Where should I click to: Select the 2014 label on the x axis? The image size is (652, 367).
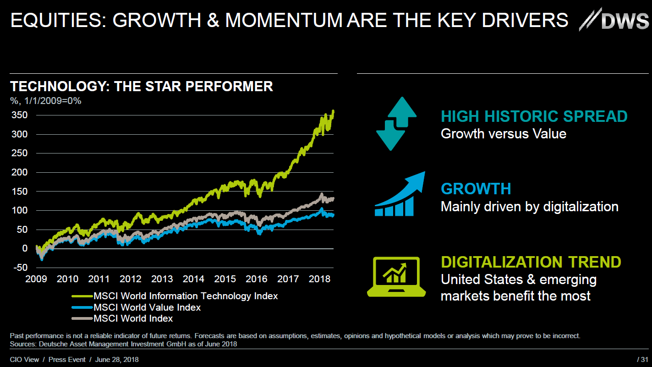point(193,279)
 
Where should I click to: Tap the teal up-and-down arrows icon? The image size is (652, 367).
point(396,124)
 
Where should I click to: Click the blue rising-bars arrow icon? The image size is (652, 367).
point(400,194)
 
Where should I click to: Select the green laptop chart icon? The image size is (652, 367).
point(394,276)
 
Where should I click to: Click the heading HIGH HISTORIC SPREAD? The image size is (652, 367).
point(534,116)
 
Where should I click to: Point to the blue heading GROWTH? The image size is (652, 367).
point(476,189)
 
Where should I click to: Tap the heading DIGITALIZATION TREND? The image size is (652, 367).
point(531,262)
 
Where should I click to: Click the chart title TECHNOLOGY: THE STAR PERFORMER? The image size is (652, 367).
point(142,86)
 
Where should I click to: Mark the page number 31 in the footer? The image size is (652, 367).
point(644,360)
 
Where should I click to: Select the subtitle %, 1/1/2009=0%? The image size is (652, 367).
point(45,101)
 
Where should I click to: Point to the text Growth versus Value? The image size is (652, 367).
point(503,134)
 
